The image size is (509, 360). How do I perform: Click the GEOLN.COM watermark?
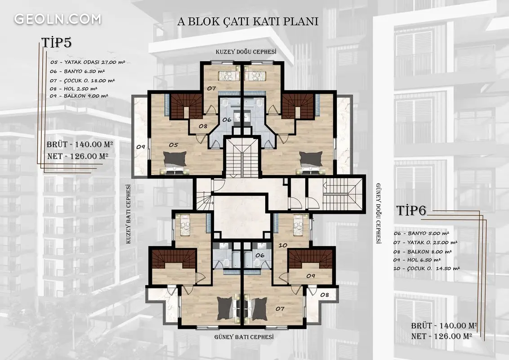click(x=58, y=19)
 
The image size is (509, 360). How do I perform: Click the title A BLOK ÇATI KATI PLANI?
click(x=248, y=22)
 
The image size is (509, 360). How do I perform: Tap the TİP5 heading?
click(x=57, y=43)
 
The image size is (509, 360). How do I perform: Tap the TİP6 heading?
click(x=411, y=211)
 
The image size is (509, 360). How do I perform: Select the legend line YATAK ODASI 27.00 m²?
click(x=88, y=62)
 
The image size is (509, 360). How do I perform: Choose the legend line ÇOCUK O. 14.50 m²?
click(x=427, y=269)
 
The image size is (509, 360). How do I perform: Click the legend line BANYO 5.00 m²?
click(x=421, y=233)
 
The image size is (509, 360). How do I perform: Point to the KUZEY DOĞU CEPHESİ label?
click(x=246, y=52)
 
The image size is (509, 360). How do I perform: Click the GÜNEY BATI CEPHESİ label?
click(x=244, y=337)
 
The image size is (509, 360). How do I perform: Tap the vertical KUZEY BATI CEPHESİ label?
click(x=129, y=214)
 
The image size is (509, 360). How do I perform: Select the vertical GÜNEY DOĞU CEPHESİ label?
click(x=378, y=213)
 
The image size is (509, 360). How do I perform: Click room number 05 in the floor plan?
click(x=174, y=145)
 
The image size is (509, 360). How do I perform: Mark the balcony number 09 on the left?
click(x=141, y=147)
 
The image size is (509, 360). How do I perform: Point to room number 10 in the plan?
click(x=283, y=245)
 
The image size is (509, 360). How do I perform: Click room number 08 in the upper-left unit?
click(x=203, y=126)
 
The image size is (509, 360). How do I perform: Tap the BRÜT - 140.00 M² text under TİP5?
click(x=80, y=144)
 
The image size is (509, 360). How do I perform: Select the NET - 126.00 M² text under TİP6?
click(x=442, y=336)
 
